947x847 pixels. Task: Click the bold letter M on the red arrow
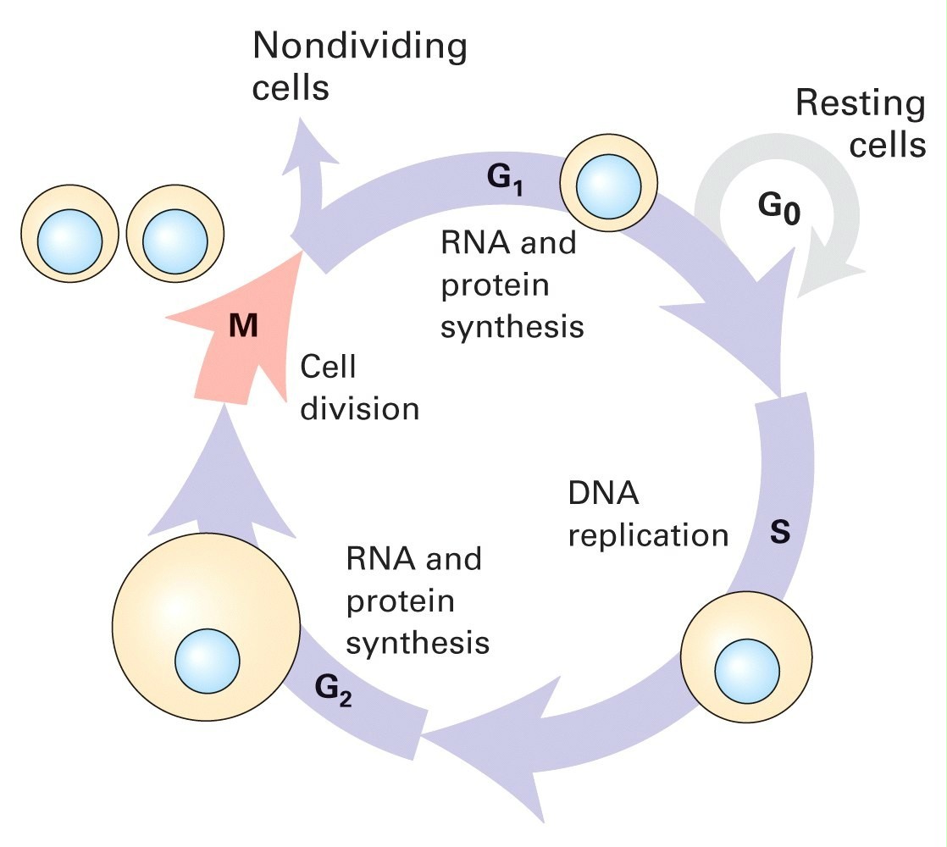[243, 327]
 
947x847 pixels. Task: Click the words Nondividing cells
[360, 65]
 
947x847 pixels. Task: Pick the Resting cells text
[860, 124]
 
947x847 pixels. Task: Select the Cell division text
[360, 388]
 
